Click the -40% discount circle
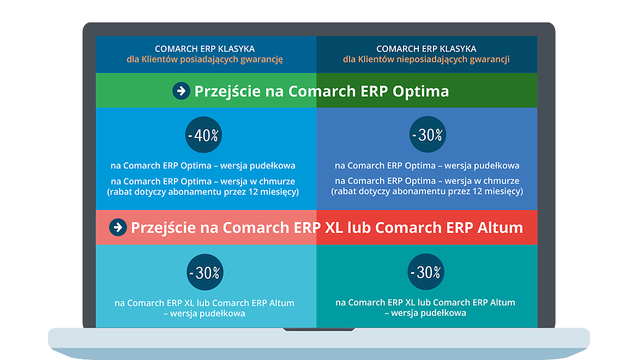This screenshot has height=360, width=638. [x=203, y=135]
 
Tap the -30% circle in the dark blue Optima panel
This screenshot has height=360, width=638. [x=428, y=134]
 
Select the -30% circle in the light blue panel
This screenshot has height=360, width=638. [x=205, y=272]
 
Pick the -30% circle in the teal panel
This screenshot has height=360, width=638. [x=426, y=272]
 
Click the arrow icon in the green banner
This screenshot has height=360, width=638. [x=181, y=91]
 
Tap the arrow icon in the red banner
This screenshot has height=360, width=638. [x=118, y=227]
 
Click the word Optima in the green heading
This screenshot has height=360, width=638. [x=421, y=92]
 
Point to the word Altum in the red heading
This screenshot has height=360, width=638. [x=500, y=227]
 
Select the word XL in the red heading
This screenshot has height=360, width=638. [x=334, y=227]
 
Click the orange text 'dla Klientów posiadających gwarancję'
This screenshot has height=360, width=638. [x=204, y=59]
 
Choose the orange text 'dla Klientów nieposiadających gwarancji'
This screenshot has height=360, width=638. [x=426, y=59]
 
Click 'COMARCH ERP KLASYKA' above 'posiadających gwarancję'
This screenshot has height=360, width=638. [x=204, y=49]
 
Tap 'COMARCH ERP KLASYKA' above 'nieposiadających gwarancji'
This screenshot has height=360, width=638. [x=426, y=49]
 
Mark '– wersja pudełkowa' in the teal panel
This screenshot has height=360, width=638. [x=425, y=313]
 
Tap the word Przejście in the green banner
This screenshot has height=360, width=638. [x=228, y=92]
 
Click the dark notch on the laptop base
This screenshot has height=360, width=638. [x=319, y=329]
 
